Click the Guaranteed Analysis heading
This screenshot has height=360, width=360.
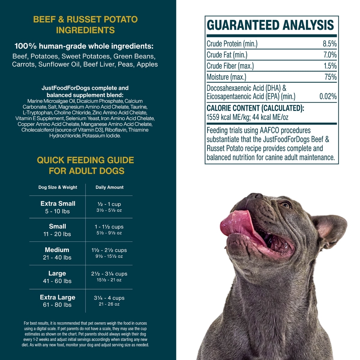270,25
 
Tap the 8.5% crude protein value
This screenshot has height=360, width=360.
329,44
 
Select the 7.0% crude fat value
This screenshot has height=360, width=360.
330,55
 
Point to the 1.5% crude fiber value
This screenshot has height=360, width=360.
330,66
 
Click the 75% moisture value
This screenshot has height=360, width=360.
331,77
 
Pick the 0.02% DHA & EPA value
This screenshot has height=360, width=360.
328,97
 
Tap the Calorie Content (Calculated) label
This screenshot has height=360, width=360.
255,108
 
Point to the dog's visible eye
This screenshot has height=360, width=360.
286,205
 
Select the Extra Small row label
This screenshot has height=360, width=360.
58,203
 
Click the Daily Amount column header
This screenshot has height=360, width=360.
109,187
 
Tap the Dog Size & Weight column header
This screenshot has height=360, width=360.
58,187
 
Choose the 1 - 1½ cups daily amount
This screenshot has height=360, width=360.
109,227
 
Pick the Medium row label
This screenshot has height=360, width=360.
57,250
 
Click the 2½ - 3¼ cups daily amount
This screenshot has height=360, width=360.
109,274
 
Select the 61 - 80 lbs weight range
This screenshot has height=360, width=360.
57,305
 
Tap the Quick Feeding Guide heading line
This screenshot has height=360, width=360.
85,160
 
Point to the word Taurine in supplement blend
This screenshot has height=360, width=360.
139,107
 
